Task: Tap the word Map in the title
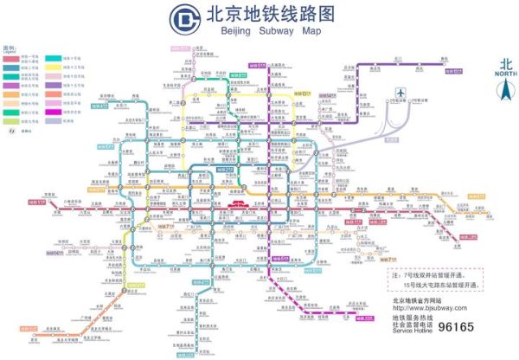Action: pyautogui.click(x=311, y=30)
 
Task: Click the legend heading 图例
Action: pyautogui.click(x=9, y=48)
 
